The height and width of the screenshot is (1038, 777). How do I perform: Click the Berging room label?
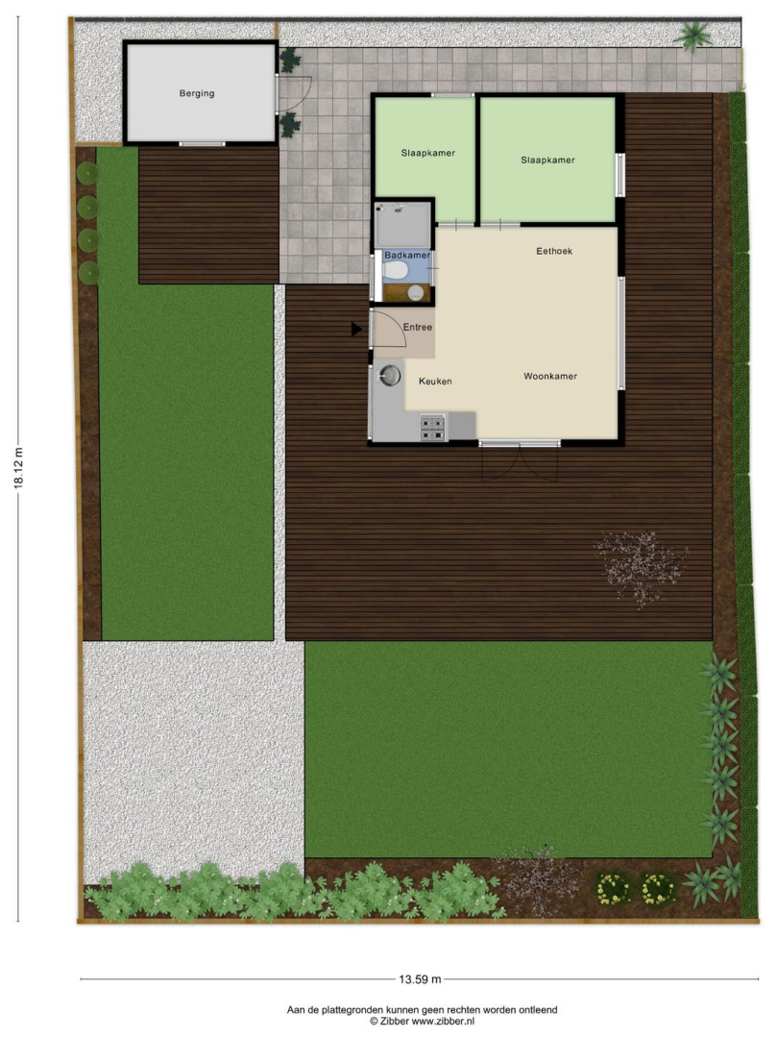click(197, 93)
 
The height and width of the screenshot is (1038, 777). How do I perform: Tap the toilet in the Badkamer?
click(396, 270)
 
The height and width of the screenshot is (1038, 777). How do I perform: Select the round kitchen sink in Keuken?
click(390, 376)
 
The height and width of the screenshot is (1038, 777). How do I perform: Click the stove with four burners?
click(433, 427)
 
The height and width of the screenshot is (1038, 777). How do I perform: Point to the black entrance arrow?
click(356, 329)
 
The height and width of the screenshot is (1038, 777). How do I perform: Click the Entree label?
click(418, 327)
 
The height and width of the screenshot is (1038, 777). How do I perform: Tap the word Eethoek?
click(554, 251)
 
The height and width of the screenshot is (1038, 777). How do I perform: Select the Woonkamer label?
click(550, 376)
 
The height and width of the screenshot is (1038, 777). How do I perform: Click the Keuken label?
click(435, 382)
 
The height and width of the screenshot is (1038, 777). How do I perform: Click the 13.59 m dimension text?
click(420, 979)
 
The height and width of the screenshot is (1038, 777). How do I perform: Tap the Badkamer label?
click(407, 255)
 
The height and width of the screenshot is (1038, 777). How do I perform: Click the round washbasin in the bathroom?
click(416, 293)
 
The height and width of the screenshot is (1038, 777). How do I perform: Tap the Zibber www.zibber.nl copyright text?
click(422, 1022)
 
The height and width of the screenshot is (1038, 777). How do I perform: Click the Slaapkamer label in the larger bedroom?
click(547, 161)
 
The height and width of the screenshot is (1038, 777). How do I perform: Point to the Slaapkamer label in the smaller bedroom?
click(427, 153)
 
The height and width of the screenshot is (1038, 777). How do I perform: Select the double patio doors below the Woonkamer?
click(520, 462)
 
